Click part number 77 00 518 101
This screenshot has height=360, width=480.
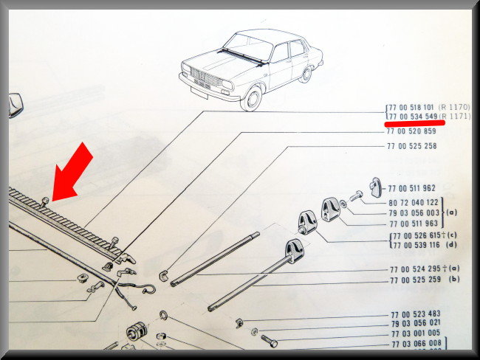411,108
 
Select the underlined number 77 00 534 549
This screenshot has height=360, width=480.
413,117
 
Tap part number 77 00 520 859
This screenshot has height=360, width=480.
411,131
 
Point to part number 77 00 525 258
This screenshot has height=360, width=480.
412,146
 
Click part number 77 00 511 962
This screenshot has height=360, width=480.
411,188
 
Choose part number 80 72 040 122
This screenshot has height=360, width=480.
414,202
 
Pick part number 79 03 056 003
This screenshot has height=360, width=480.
414,213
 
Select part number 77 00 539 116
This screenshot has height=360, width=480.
416,245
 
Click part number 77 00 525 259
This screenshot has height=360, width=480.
416,280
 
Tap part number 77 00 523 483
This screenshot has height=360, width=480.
416,314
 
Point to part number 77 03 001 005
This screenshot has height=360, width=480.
416,333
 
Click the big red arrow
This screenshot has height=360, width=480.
72,172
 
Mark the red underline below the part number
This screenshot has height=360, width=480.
414,123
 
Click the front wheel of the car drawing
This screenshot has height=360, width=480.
251,99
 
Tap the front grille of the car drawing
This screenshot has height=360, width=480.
206,77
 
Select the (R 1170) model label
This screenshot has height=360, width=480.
454,107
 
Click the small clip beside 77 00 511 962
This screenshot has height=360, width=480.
375,187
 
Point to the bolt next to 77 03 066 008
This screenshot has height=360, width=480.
270,341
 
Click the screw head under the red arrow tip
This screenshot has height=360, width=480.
45,200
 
